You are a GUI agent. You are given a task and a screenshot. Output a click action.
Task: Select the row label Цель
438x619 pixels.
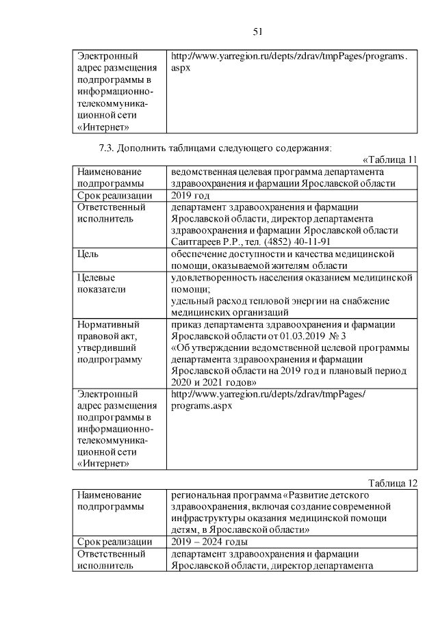pos(88,254)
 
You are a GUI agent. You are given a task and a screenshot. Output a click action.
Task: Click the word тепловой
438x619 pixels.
pos(259,301)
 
